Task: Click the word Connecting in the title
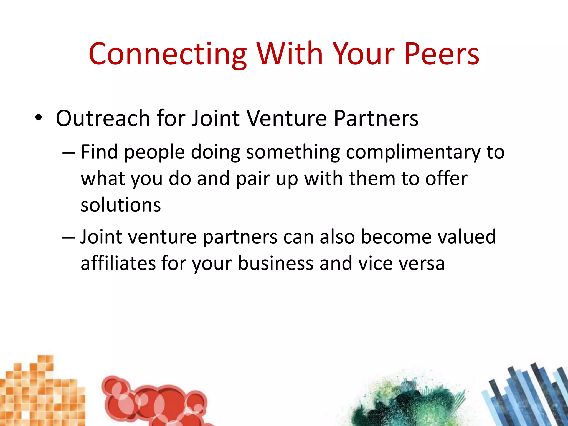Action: click(168, 54)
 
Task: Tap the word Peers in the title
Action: click(442, 54)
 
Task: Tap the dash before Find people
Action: click(69, 153)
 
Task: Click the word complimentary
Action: click(413, 153)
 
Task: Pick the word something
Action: click(293, 153)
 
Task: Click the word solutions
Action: click(121, 205)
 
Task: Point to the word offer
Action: click(446, 179)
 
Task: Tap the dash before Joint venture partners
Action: click(69, 237)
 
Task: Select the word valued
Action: click(466, 237)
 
